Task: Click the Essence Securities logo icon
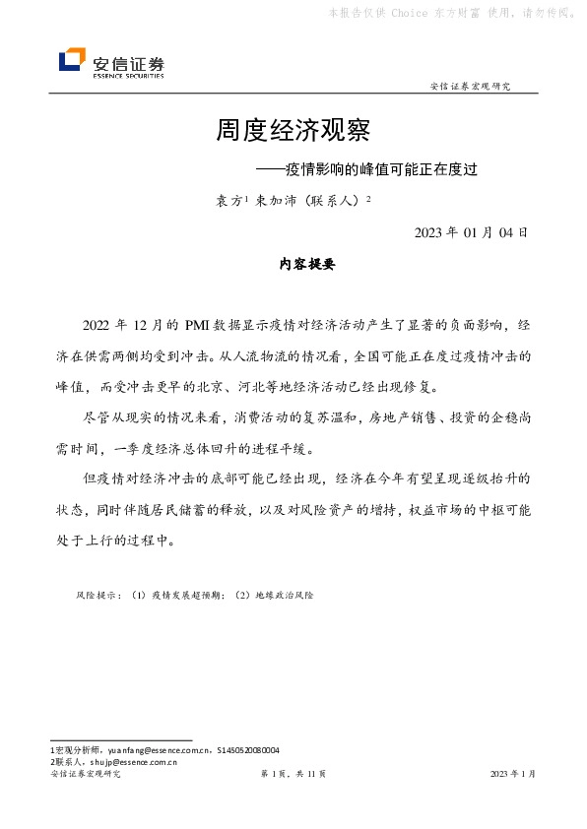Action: (x=72, y=60)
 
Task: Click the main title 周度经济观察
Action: (x=293, y=131)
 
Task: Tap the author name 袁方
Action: (x=228, y=200)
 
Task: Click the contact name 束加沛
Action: (x=275, y=200)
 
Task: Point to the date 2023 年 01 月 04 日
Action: (x=471, y=233)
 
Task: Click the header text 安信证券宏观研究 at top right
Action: (x=471, y=87)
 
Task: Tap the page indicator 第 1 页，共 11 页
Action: (x=293, y=775)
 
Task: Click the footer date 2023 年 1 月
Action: (x=512, y=775)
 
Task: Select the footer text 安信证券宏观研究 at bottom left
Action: (x=85, y=775)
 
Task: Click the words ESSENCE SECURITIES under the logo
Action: (x=128, y=75)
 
